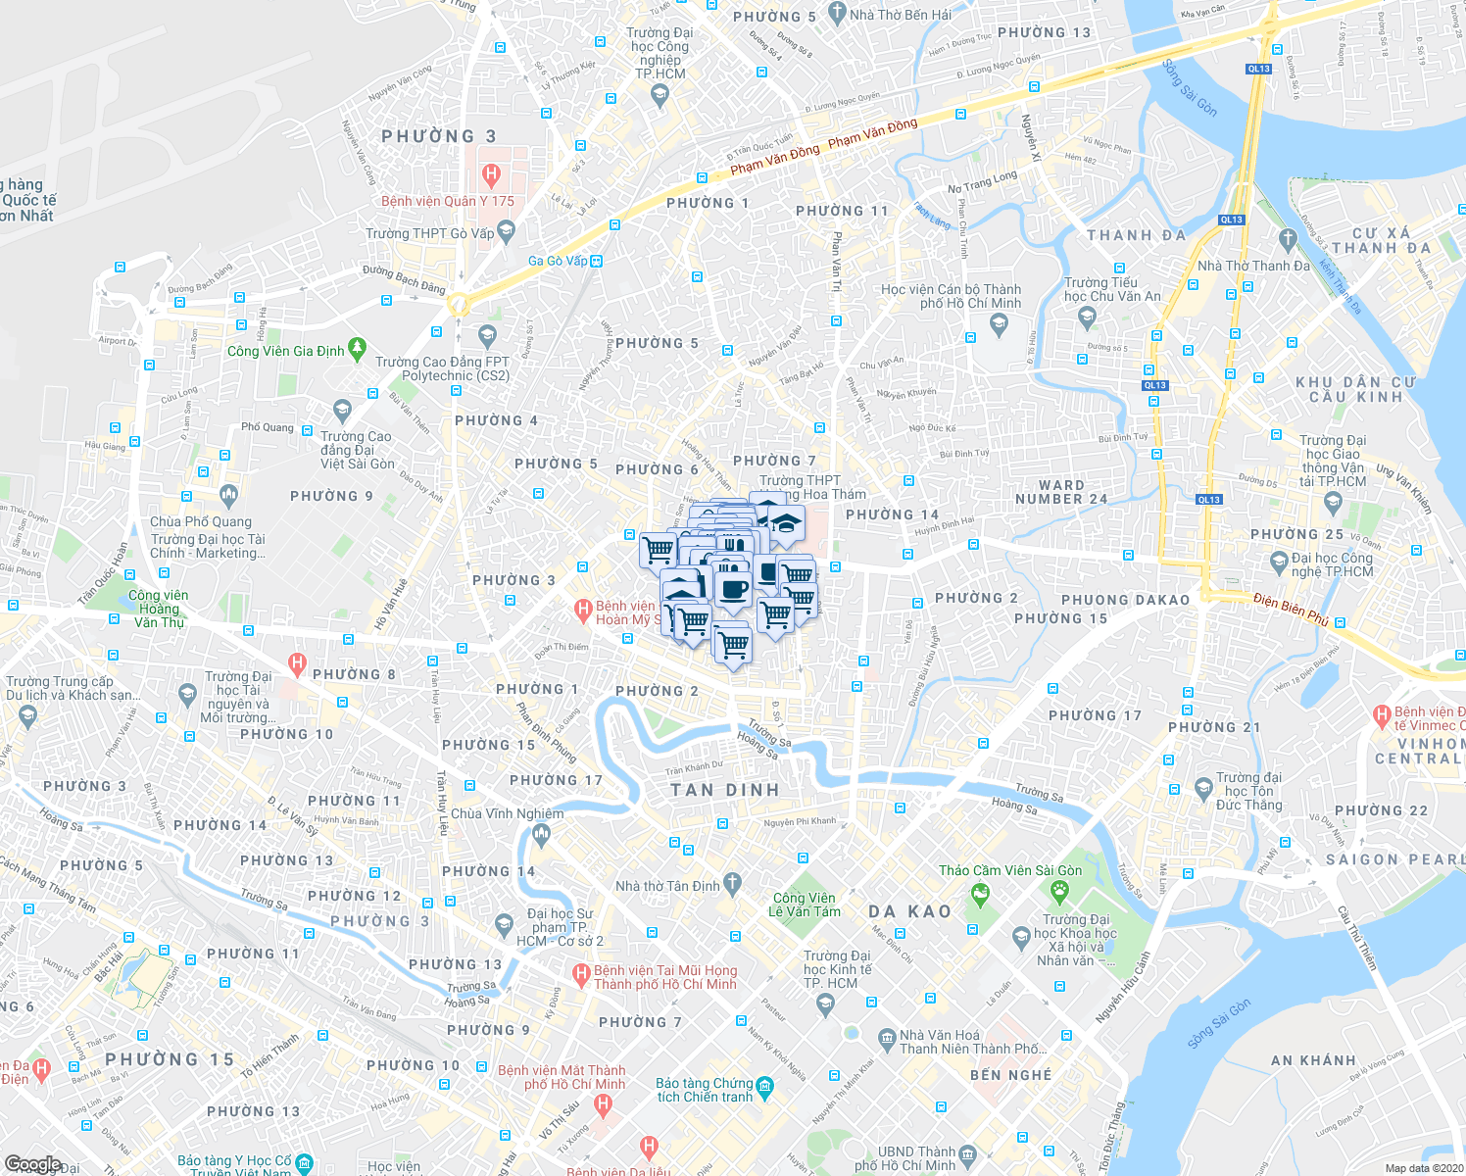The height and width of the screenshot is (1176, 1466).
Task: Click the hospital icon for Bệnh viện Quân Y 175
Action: [x=492, y=176]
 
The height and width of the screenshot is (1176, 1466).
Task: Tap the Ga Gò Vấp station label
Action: [x=558, y=261]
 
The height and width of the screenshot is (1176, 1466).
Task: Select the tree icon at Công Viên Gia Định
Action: [x=358, y=346]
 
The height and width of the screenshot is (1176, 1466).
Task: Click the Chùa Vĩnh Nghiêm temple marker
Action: [x=541, y=834]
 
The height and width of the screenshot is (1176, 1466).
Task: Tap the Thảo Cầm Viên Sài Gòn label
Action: [x=1010, y=870]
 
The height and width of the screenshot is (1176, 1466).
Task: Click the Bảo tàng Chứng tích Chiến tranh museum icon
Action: [x=765, y=1086]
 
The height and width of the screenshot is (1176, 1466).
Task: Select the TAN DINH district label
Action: [x=725, y=790]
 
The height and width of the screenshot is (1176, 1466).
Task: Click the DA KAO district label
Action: [x=909, y=911]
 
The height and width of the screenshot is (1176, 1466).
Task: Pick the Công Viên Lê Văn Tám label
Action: [x=804, y=905]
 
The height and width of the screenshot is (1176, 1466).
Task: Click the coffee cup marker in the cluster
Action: [x=732, y=590]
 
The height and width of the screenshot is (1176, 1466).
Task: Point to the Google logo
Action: [x=31, y=1164]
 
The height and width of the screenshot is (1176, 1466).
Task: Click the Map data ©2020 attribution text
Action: [x=1421, y=1167]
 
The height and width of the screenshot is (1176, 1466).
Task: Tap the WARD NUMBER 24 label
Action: [x=1061, y=492]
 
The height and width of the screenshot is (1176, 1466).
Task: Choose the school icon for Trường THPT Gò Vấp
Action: [x=507, y=231]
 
